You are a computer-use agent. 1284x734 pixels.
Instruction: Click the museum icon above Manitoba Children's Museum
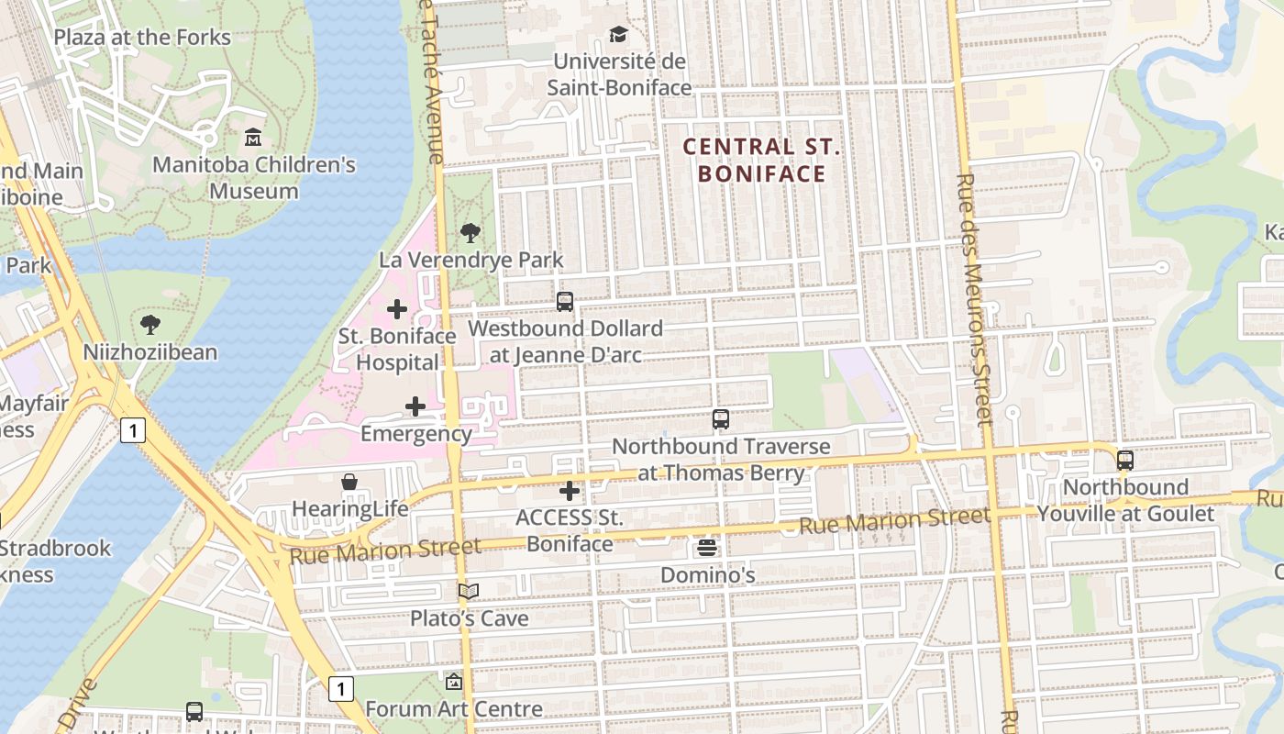(x=253, y=138)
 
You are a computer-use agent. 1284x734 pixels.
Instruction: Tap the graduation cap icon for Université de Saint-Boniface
(x=619, y=35)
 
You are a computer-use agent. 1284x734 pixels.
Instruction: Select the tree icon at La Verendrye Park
(x=470, y=233)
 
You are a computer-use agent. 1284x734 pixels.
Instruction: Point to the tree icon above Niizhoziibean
(x=150, y=324)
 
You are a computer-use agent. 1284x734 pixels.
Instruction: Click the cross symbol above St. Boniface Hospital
(x=397, y=309)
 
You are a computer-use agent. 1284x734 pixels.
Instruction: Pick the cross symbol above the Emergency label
(x=415, y=406)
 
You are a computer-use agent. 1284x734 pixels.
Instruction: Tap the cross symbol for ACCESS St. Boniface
(x=570, y=491)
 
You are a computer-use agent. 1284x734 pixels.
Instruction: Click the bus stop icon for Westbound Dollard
(x=565, y=301)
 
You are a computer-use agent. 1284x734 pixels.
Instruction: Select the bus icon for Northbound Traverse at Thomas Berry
(x=721, y=419)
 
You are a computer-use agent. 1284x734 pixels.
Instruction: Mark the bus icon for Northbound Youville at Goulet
(x=1125, y=461)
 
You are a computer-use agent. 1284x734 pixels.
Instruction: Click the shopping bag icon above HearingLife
(x=349, y=482)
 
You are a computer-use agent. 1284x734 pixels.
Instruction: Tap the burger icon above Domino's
(x=707, y=548)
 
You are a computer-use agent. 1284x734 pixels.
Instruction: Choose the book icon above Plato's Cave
(x=469, y=592)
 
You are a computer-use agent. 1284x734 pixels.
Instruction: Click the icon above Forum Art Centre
(x=453, y=682)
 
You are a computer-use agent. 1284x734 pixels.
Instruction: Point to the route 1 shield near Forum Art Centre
(x=341, y=688)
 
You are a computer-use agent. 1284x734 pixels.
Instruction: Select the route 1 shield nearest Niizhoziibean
(x=133, y=429)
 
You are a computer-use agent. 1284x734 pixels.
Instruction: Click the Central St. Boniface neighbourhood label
(x=762, y=160)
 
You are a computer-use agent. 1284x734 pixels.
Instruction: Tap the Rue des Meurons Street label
(x=974, y=300)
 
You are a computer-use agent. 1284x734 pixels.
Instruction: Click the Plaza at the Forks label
(x=142, y=38)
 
